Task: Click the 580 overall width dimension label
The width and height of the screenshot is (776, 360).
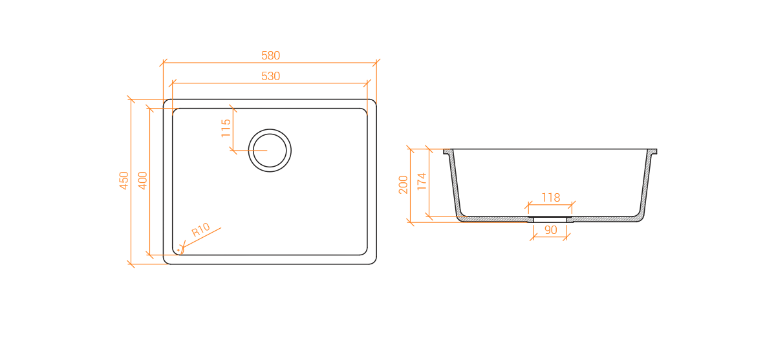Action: click(270, 56)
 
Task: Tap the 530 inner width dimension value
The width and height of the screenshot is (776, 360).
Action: click(270, 76)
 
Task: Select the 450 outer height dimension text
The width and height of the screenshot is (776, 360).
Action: click(124, 180)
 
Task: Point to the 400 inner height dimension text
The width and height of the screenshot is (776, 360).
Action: click(142, 180)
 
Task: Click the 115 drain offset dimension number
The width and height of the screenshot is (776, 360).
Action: click(226, 128)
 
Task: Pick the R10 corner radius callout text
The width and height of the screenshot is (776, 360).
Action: click(201, 229)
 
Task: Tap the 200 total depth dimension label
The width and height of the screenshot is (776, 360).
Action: click(404, 184)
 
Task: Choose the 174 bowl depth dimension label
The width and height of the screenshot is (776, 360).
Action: click(422, 182)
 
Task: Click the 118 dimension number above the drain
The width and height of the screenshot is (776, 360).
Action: click(551, 198)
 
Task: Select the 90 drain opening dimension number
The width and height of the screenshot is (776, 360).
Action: click(551, 230)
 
